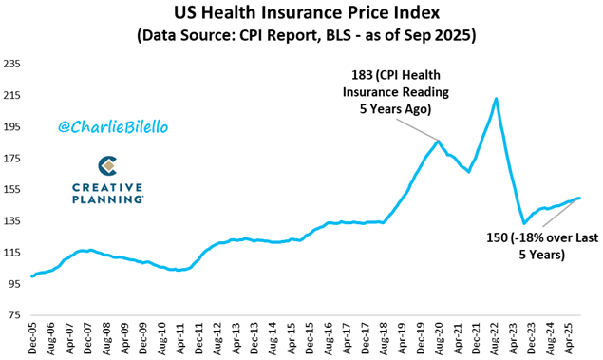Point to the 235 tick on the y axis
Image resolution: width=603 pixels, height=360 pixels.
[13, 65]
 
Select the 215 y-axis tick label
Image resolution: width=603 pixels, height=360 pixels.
[13, 96]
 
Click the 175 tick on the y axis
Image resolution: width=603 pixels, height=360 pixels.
[13, 159]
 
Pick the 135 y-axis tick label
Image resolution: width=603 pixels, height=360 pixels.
[13, 221]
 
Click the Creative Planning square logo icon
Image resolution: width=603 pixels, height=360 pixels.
[108, 166]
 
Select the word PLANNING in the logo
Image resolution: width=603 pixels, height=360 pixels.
[108, 199]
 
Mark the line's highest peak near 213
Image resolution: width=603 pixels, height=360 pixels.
[496, 98]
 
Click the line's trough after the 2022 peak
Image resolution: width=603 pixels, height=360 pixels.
[523, 223]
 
